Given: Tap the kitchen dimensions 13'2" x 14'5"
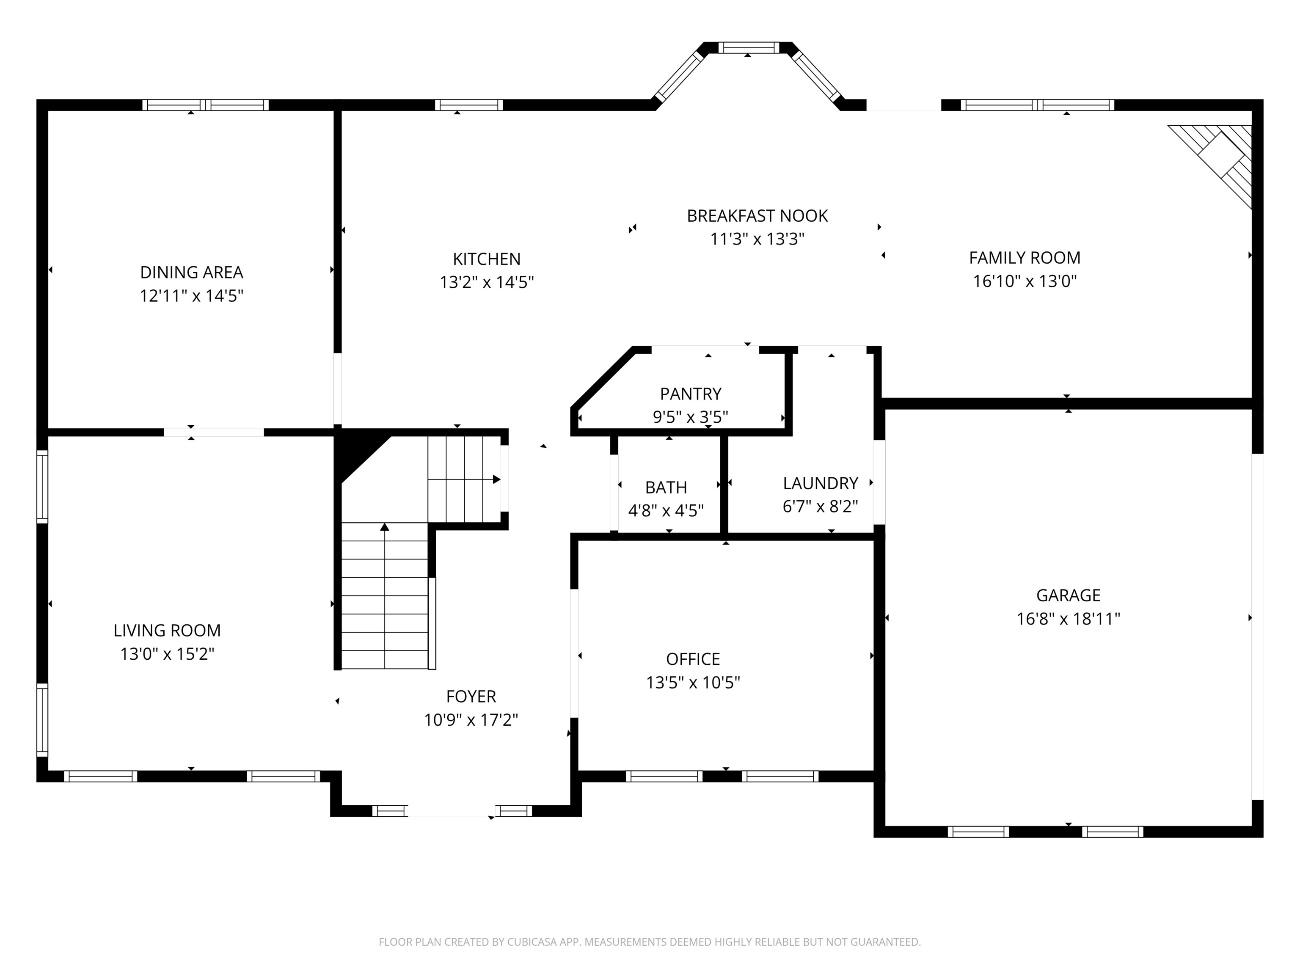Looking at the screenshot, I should tap(487, 283).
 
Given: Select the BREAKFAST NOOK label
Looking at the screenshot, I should tap(757, 216).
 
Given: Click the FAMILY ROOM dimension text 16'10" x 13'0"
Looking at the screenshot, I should tap(1025, 281).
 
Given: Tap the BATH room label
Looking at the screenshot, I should tap(665, 487).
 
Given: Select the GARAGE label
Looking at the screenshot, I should tap(1068, 595).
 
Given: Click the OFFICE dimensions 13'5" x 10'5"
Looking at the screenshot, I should tap(693, 682).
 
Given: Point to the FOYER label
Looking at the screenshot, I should tap(471, 697).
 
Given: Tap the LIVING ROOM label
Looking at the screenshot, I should tap(167, 631).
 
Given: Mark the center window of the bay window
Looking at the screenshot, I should tap(748, 47).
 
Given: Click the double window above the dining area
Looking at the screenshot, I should tap(205, 105).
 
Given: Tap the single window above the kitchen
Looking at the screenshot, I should tap(468, 105).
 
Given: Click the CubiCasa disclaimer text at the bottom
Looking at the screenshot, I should tap(650, 942).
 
